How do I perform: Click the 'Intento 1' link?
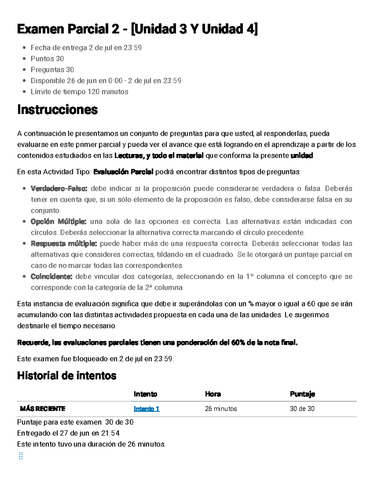coord(146,409)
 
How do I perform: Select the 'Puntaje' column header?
coord(302,394)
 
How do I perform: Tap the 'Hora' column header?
coord(213,394)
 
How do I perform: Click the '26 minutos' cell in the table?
coord(221,409)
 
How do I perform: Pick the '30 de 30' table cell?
coord(302,409)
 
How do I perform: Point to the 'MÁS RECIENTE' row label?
coord(42,409)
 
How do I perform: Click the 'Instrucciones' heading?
coord(57,110)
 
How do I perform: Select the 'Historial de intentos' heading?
coord(66,376)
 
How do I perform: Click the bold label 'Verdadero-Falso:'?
coord(59,189)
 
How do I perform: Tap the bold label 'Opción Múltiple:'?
coord(58,222)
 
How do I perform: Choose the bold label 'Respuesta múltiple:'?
coord(64,243)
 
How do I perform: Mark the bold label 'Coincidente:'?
coord(51,276)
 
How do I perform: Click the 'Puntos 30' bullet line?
coord(47,59)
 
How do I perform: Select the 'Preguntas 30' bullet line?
coord(52,69)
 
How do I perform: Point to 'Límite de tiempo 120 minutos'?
coord(79,92)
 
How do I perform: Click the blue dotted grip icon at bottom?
coord(21,456)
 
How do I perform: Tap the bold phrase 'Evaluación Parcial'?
coord(123,172)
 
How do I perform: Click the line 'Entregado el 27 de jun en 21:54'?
coord(68,433)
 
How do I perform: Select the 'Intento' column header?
coord(145,394)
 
